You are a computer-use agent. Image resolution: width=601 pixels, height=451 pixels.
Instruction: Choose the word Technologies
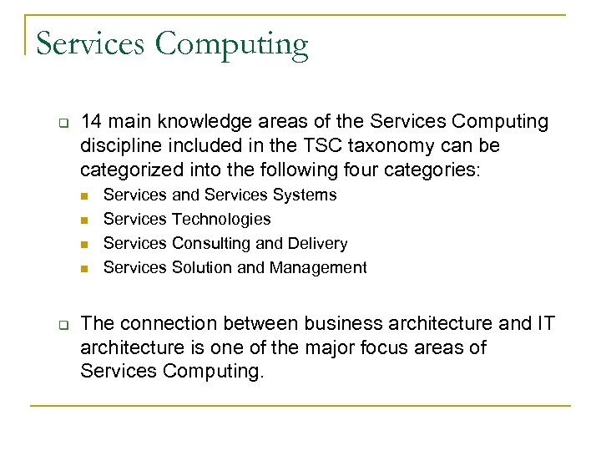pos(220,219)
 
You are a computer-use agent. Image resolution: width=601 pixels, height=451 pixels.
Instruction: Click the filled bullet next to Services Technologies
pos(85,220)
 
